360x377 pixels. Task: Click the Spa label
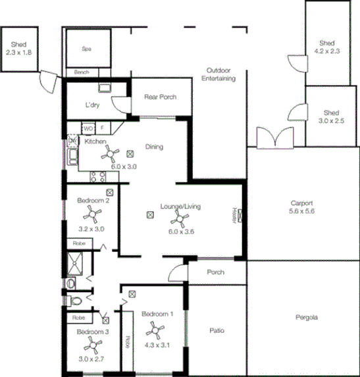tap(86, 49)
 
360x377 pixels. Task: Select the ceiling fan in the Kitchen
tap(109, 155)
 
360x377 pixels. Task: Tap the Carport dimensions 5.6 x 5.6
tap(303, 211)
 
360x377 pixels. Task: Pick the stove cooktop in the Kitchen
tap(98, 176)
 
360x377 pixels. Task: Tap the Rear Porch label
tap(160, 97)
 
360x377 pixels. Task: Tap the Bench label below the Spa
tap(82, 72)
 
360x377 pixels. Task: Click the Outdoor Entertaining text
tap(220, 74)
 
